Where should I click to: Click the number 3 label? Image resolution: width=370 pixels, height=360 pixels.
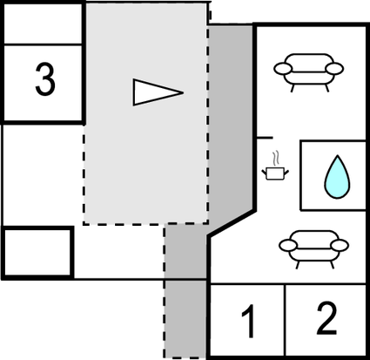pyautogui.click(x=44, y=81)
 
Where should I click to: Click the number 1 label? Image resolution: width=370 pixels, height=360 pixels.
pyautogui.click(x=248, y=323)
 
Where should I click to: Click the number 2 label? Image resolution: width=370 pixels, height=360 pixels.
pyautogui.click(x=326, y=320)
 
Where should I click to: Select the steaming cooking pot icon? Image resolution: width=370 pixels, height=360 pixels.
pyautogui.click(x=275, y=173)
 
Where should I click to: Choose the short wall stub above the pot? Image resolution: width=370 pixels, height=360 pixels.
pyautogui.click(x=264, y=137)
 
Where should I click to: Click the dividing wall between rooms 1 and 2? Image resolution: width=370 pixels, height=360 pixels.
pyautogui.click(x=286, y=321)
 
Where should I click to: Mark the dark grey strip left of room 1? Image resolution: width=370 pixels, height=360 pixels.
pyautogui.click(x=186, y=318)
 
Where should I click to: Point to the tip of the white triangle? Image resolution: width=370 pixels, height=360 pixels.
pyautogui.click(x=181, y=92)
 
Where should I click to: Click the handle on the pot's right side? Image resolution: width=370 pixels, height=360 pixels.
pyautogui.click(x=286, y=173)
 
